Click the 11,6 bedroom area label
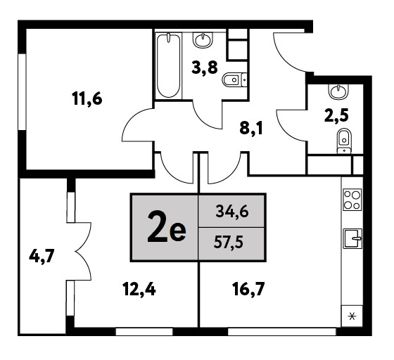[87, 98]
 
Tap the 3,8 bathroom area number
[204, 67]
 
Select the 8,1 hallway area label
[251, 129]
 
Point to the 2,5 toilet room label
[336, 116]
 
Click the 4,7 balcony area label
[42, 257]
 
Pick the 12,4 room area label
[139, 289]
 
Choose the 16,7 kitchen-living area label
[248, 289]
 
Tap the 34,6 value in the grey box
[232, 212]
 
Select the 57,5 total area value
[229, 243]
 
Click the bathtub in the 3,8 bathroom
[168, 65]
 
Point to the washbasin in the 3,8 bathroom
[203, 40]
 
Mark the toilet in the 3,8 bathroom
[235, 80]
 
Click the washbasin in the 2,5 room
[338, 91]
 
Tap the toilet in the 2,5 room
[344, 141]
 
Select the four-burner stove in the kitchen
[352, 200]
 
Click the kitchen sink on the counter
[352, 239]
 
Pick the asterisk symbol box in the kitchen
[352, 316]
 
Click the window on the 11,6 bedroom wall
[22, 91]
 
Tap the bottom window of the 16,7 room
[281, 332]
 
